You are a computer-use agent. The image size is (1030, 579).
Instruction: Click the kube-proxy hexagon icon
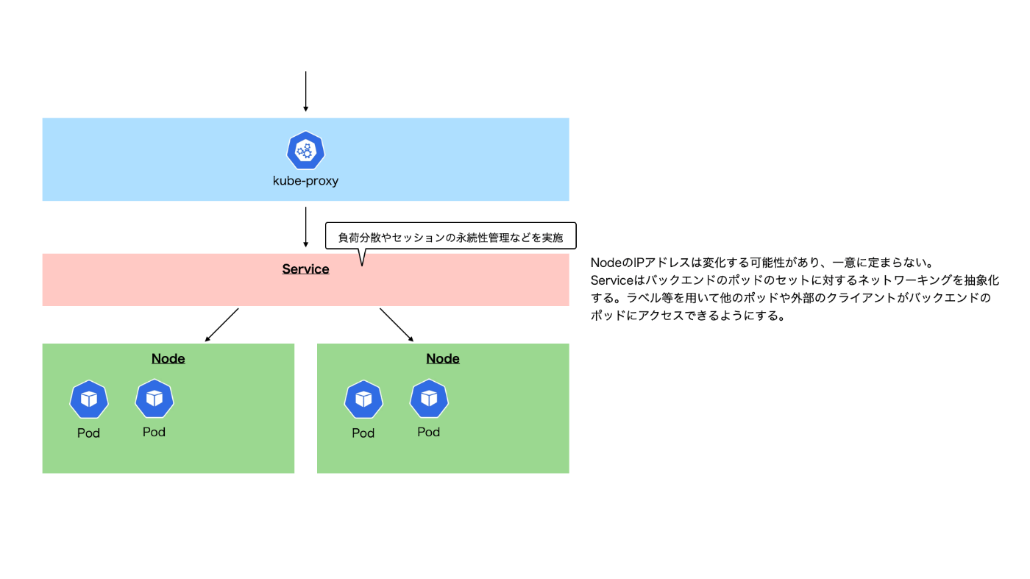[305, 150]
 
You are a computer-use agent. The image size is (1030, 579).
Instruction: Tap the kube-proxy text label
[305, 181]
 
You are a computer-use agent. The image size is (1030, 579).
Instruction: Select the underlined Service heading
[305, 269]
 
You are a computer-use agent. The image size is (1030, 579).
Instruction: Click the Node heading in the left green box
[168, 359]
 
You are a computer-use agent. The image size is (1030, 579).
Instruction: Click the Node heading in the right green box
[443, 359]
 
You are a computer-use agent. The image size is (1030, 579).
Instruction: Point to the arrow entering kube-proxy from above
[306, 91]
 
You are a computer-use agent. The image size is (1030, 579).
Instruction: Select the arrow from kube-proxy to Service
[306, 227]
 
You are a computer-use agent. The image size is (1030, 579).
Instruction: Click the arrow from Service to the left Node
[221, 325]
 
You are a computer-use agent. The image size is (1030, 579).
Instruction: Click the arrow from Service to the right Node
[397, 325]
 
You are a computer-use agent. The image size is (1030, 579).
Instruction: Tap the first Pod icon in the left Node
[89, 399]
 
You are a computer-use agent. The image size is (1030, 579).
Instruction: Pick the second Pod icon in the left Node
[154, 398]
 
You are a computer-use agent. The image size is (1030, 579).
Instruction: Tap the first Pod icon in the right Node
[363, 399]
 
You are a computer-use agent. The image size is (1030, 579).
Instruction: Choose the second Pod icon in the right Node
[429, 398]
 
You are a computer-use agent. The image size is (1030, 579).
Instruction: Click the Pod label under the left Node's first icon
[88, 433]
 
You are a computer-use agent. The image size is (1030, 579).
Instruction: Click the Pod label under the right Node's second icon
[428, 433]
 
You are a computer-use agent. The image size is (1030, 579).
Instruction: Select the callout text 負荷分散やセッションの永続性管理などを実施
[450, 238]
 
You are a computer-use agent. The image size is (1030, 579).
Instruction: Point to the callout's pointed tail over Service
[362, 266]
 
